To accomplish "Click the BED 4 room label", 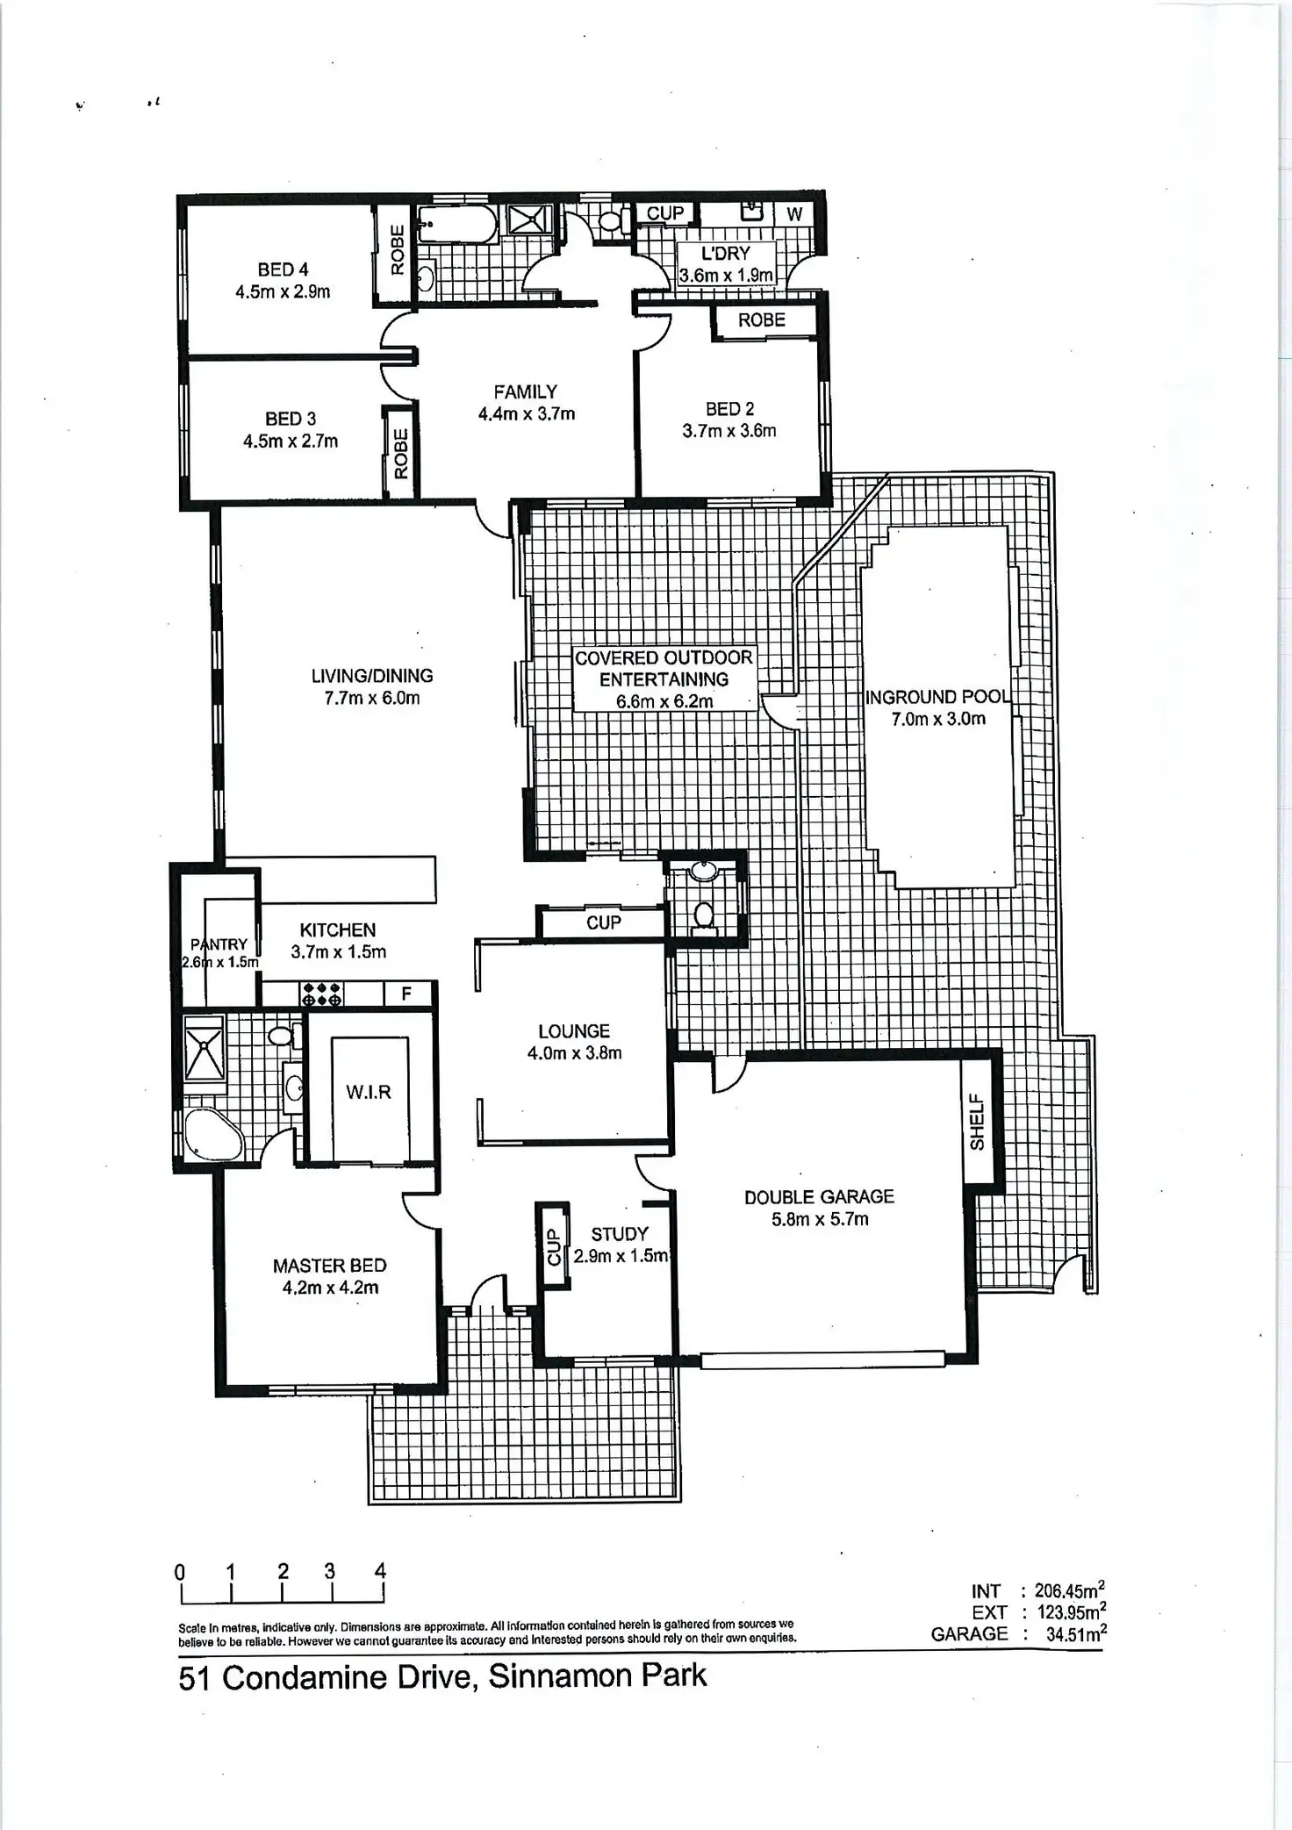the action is pyautogui.click(x=283, y=269).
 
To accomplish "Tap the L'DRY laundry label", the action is pyautogui.click(x=725, y=254).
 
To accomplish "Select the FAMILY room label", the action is pyautogui.click(x=525, y=391).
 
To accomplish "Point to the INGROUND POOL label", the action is pyautogui.click(x=937, y=697).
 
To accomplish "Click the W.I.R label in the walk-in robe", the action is pyautogui.click(x=369, y=1092).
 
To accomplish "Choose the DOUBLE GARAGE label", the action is pyautogui.click(x=819, y=1196).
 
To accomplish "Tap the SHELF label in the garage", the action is pyautogui.click(x=977, y=1121).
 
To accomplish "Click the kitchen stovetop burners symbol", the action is pyautogui.click(x=321, y=994).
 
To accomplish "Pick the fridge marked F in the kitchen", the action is pyautogui.click(x=406, y=994).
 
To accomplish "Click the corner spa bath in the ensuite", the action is pyautogui.click(x=212, y=1135).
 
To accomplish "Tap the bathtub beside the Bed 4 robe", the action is pyautogui.click(x=456, y=225).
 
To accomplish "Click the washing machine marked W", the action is pyautogui.click(x=794, y=213).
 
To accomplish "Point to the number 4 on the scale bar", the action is pyautogui.click(x=380, y=1571).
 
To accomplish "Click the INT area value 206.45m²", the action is pyautogui.click(x=1069, y=1590).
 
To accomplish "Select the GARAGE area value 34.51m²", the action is pyautogui.click(x=1075, y=1633).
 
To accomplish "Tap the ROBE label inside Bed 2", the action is pyautogui.click(x=761, y=320).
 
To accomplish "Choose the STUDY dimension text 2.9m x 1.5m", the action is pyautogui.click(x=621, y=1255).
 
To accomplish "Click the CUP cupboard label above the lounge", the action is pyautogui.click(x=603, y=922).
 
